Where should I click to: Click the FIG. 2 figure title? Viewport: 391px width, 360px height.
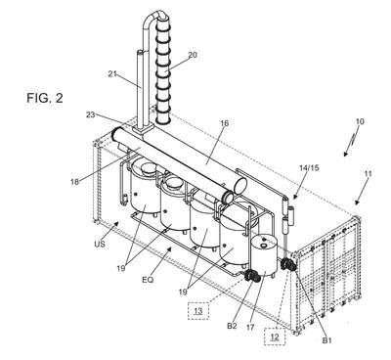pyautogui.click(x=45, y=98)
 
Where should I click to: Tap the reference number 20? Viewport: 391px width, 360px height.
pyautogui.click(x=193, y=55)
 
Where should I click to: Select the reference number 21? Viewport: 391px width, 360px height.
pyautogui.click(x=112, y=74)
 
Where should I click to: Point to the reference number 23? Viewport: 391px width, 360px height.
pyautogui.click(x=91, y=114)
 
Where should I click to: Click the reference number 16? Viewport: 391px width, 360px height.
pyautogui.click(x=225, y=123)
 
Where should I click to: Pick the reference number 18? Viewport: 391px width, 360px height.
pyautogui.click(x=74, y=182)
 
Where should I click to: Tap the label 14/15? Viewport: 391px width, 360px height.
pyautogui.click(x=309, y=168)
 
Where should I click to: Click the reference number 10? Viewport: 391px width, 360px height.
pyautogui.click(x=360, y=121)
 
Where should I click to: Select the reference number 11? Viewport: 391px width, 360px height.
pyautogui.click(x=368, y=174)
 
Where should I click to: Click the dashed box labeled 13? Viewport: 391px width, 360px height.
pyautogui.click(x=198, y=311)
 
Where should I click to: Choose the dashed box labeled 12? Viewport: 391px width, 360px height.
pyautogui.click(x=275, y=337)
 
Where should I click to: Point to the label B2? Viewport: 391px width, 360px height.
pyautogui.click(x=232, y=326)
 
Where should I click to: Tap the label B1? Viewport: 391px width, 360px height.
pyautogui.click(x=326, y=340)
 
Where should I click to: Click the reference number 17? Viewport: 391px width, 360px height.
pyautogui.click(x=250, y=328)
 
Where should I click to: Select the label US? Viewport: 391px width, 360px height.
pyautogui.click(x=100, y=244)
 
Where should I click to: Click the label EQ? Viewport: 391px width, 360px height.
pyautogui.click(x=148, y=280)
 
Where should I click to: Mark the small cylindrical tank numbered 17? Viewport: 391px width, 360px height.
pyautogui.click(x=264, y=255)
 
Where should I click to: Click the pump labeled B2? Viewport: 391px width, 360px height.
pyautogui.click(x=250, y=277)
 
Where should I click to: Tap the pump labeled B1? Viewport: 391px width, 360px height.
pyautogui.click(x=288, y=264)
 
